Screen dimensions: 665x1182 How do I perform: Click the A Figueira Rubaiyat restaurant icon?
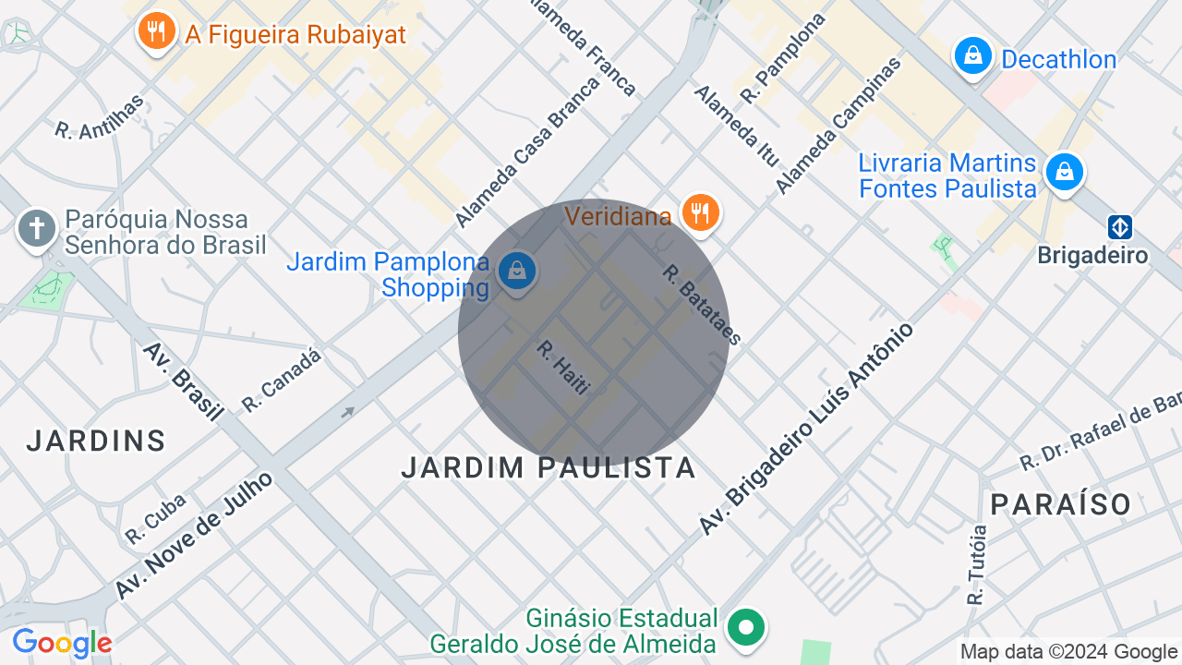pos(157,32)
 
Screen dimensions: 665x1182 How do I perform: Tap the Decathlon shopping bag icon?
pos(972,57)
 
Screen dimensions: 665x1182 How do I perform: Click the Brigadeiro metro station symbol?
pos(1120,227)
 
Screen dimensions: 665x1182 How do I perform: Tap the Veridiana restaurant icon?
pos(701,212)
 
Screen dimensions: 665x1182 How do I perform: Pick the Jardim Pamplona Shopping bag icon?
pos(517,272)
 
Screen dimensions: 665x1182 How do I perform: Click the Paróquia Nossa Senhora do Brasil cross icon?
pos(37,228)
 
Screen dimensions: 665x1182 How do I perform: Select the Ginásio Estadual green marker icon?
pos(746,629)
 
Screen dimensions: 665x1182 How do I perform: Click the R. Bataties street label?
pos(702,305)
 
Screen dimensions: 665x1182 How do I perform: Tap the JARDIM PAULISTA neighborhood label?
pos(549,467)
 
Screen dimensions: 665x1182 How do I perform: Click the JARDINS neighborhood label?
pos(96,441)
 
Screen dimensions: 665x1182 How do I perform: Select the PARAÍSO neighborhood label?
pos(1061,504)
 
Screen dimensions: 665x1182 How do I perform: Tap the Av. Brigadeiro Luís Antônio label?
pos(806,429)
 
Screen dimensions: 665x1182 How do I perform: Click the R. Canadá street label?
pos(282,380)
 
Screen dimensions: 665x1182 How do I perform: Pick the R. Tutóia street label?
pos(977,564)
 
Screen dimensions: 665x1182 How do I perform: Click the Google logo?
pos(62,643)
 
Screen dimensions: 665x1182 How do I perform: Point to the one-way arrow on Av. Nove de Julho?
pos(347,413)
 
